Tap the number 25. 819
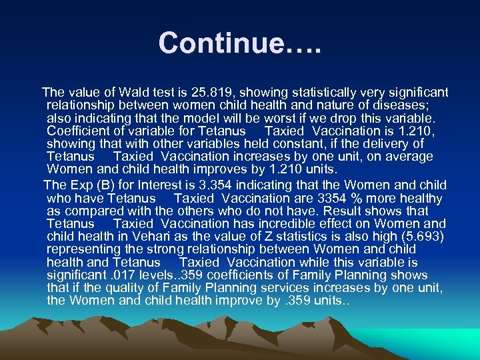tap(209, 92)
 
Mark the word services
tap(281, 288)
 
